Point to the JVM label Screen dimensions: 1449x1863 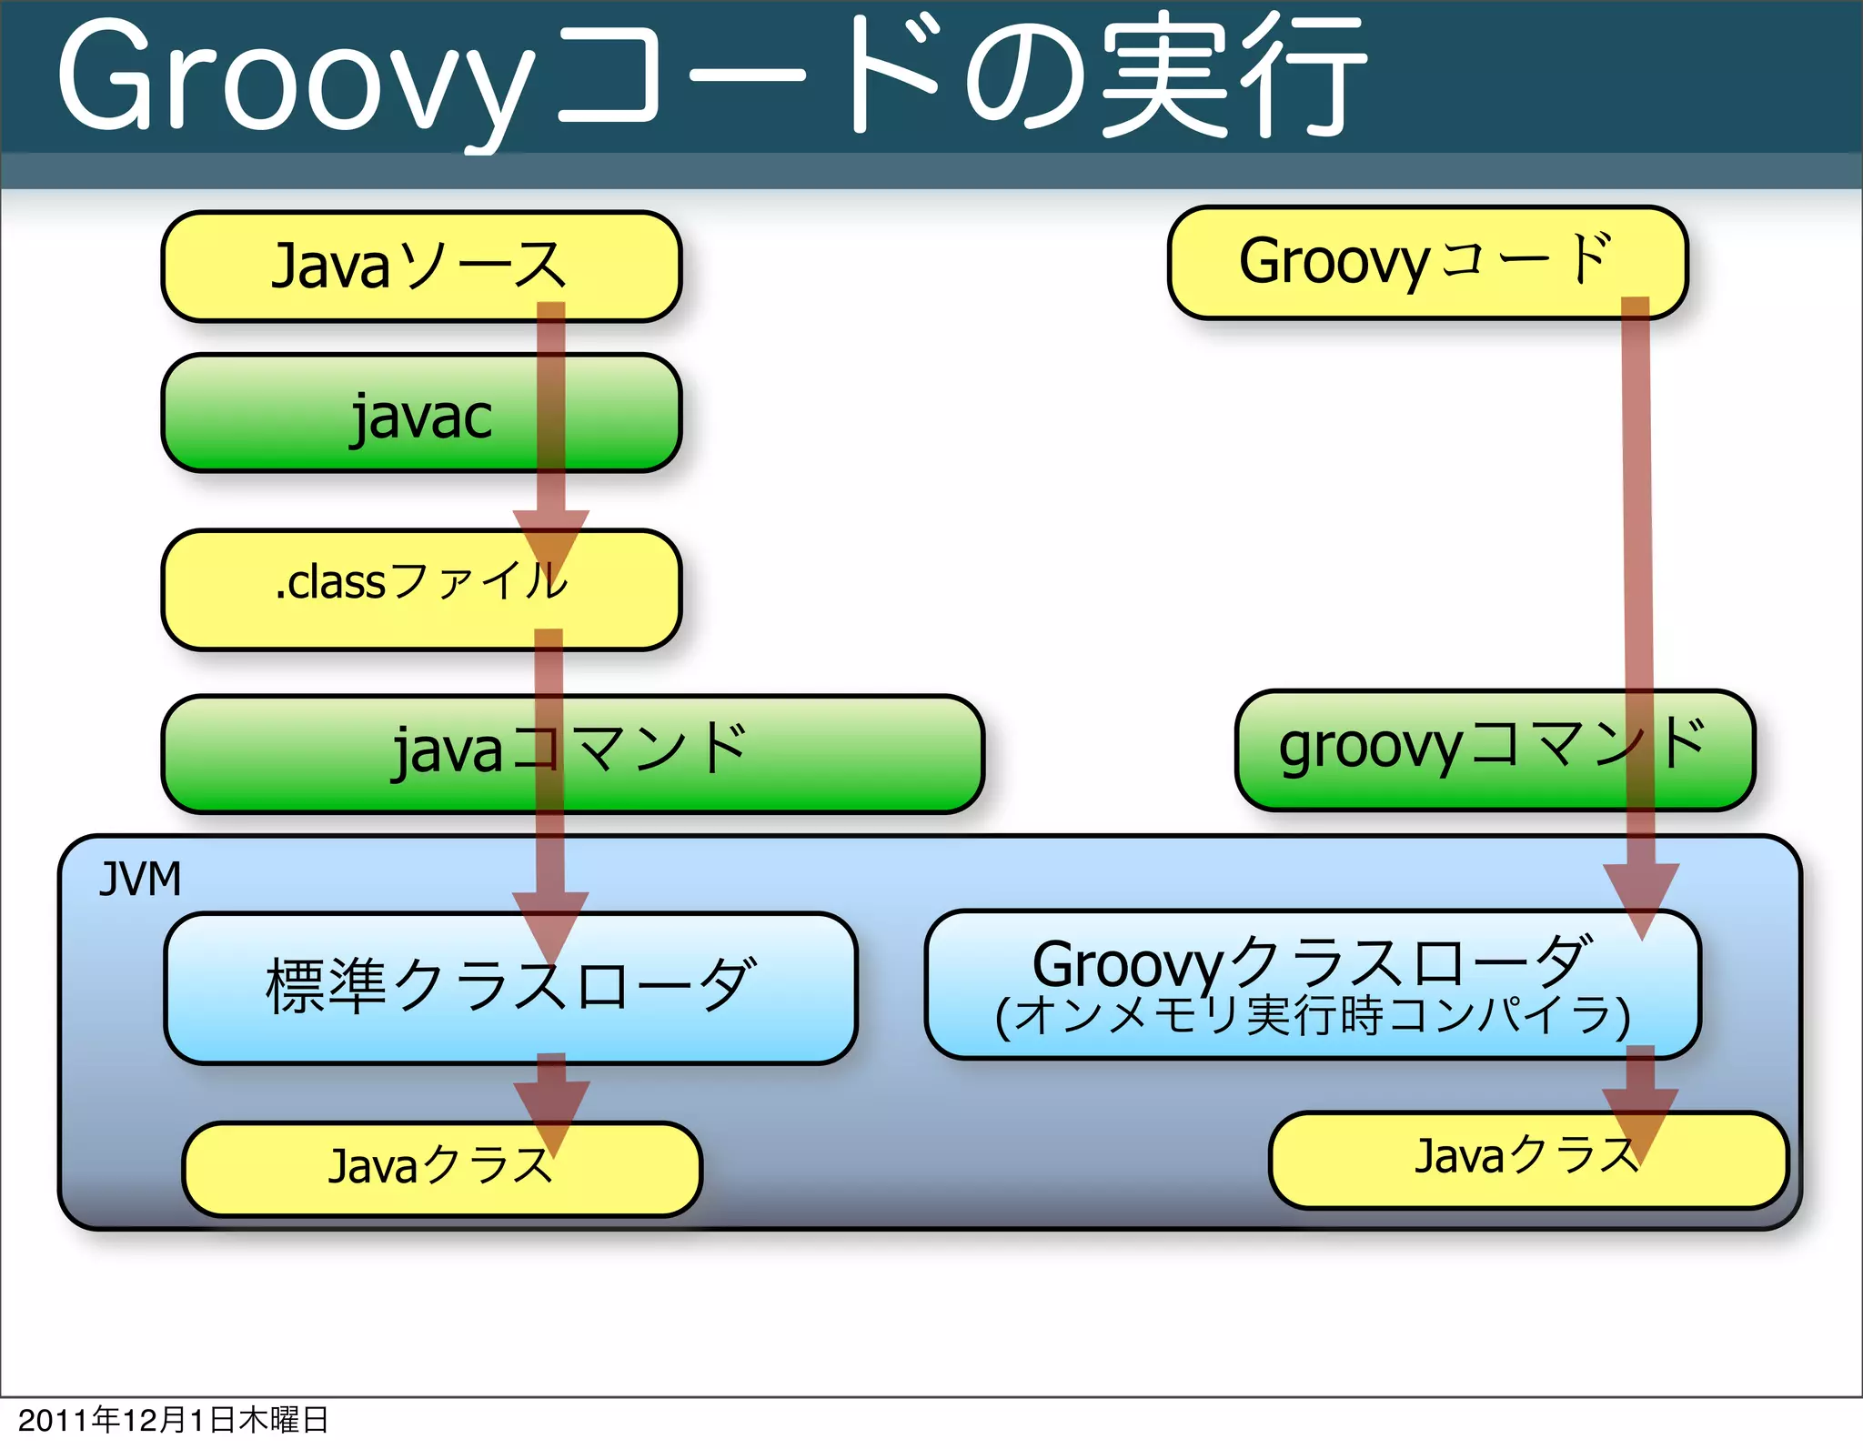click(x=140, y=880)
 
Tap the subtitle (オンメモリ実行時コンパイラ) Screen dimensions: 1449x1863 click(x=1310, y=1017)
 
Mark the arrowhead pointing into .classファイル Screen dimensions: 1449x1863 click(x=550, y=541)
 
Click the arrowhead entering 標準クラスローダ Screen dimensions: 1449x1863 click(x=550, y=923)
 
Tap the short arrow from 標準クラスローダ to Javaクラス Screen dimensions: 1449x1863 click(x=551, y=1105)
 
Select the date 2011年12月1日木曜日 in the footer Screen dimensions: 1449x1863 click(x=173, y=1420)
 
